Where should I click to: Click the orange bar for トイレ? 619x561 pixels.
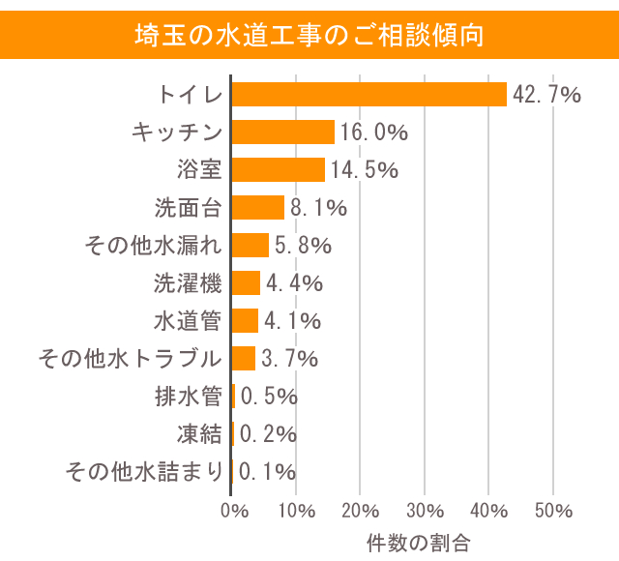(369, 94)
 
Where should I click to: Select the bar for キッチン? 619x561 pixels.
(283, 132)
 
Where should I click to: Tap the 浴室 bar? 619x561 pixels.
(279, 169)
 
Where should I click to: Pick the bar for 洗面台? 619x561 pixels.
(258, 207)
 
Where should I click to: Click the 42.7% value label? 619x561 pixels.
(546, 95)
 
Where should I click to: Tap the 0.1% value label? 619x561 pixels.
(267, 472)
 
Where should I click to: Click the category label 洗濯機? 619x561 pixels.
(188, 283)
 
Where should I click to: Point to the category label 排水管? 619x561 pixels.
(188, 397)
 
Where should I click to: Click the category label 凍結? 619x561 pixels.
(199, 434)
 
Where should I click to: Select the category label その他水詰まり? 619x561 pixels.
(144, 472)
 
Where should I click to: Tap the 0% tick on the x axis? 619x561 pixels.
(232, 510)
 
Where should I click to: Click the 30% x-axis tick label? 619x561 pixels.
(424, 510)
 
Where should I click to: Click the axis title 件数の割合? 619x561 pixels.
(418, 542)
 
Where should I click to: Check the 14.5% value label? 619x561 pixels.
(365, 170)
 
